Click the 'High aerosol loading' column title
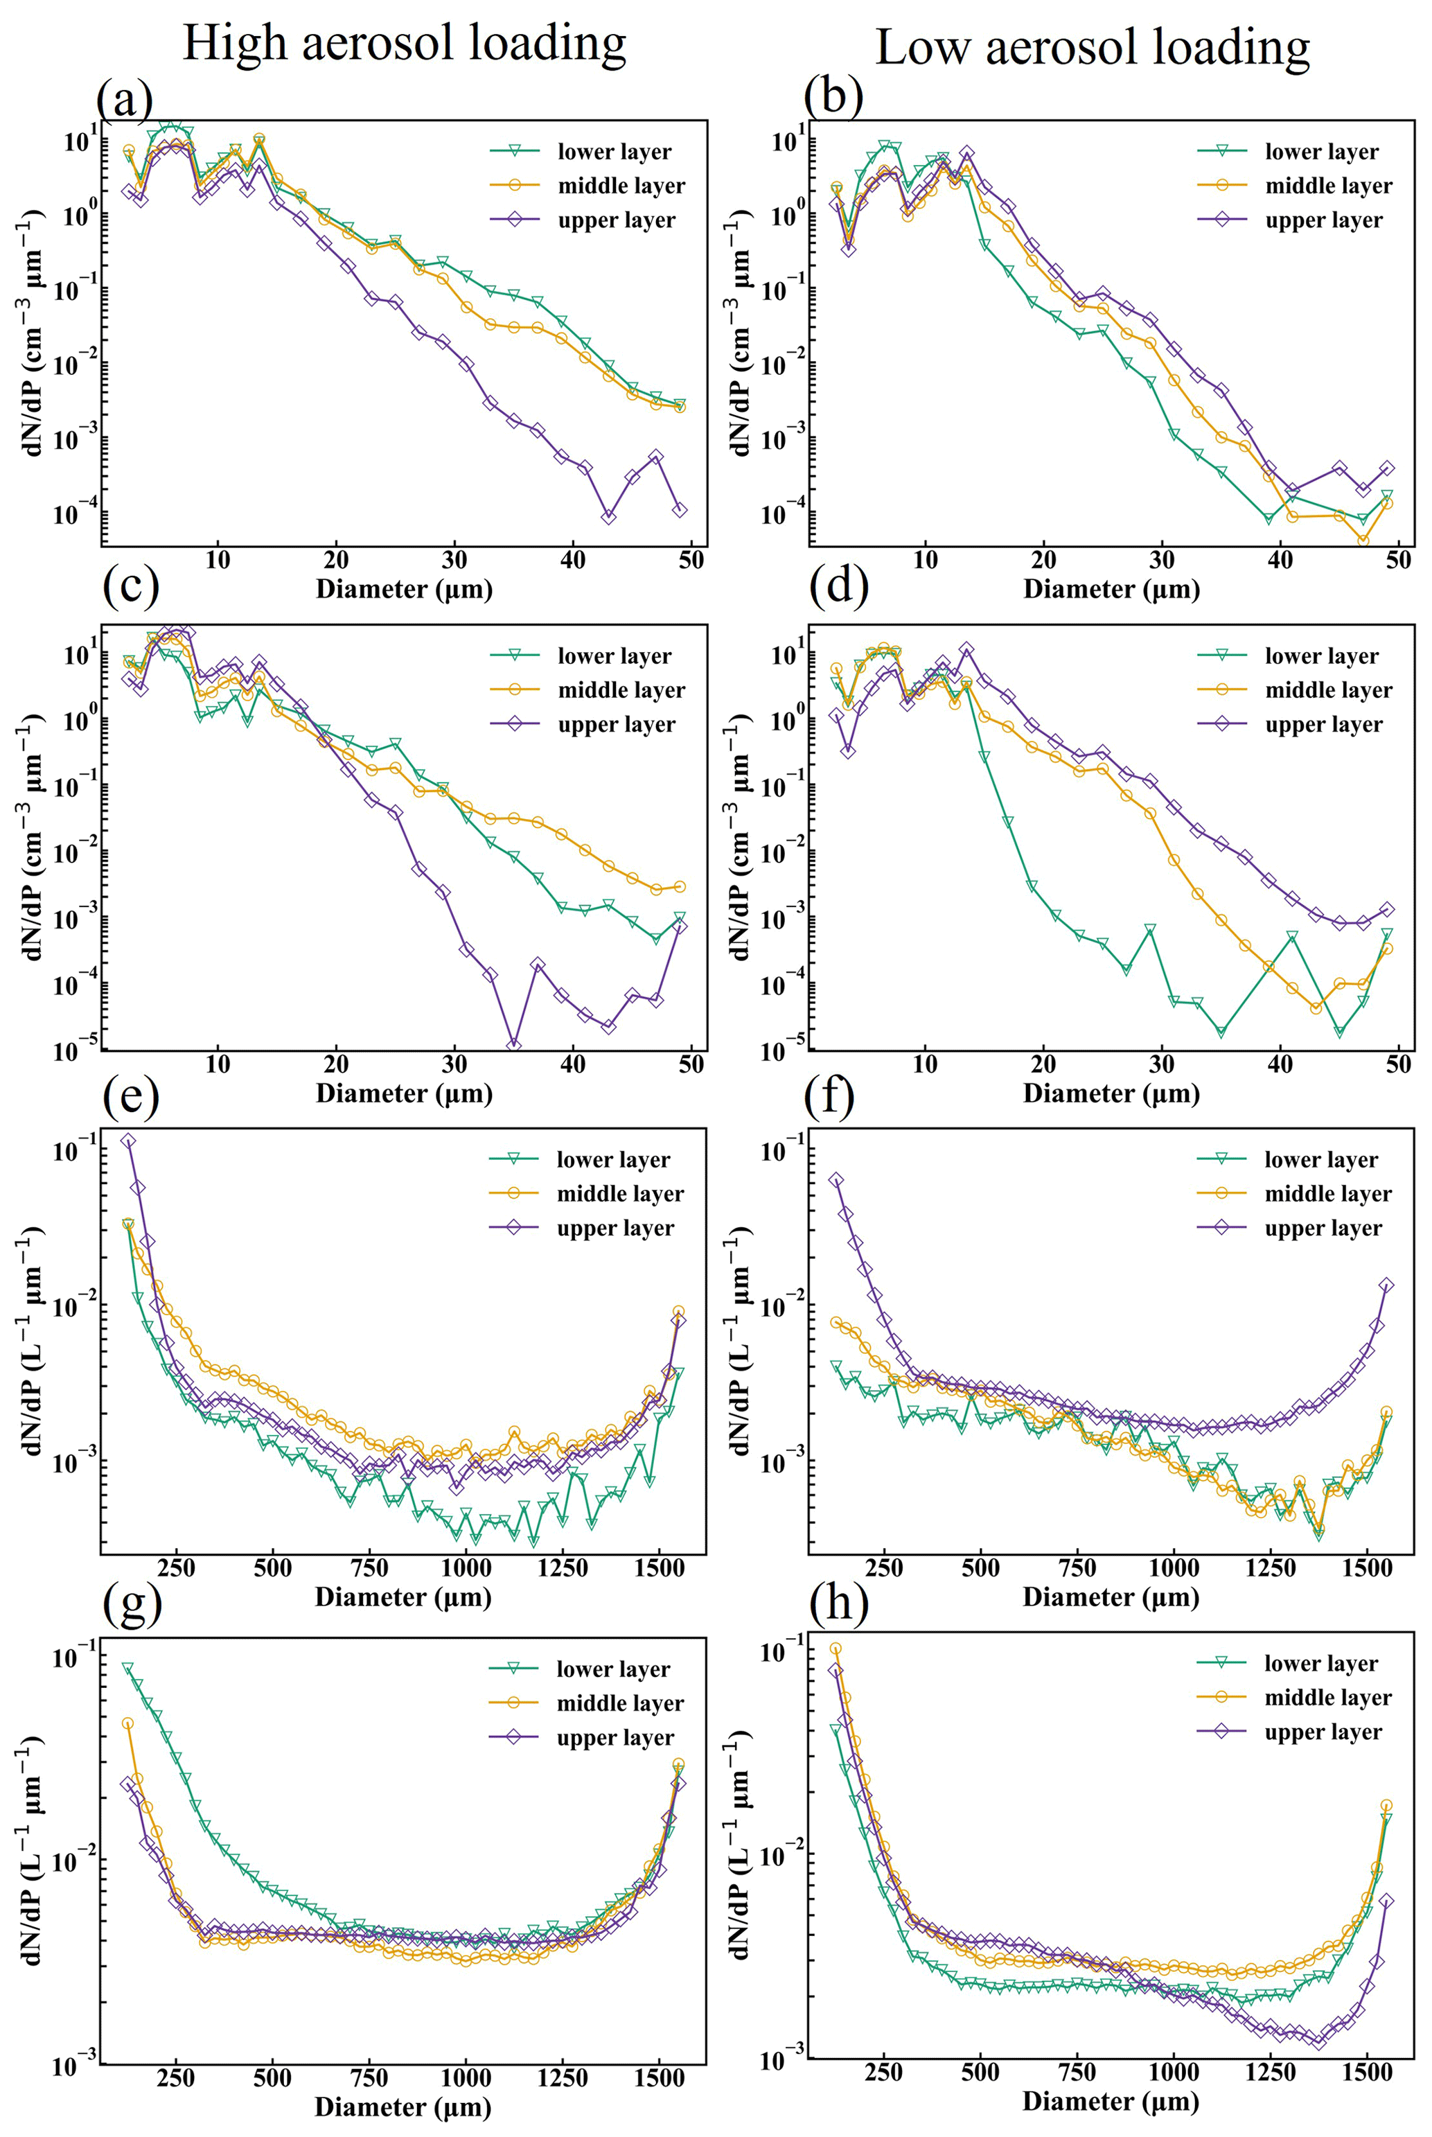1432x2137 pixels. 404,43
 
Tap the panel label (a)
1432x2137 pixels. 125,98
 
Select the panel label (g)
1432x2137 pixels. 132,1603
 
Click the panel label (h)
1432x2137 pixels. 838,1603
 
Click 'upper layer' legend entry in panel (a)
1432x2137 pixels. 615,220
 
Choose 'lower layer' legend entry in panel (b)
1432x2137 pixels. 1320,152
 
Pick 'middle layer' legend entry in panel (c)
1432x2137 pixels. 621,690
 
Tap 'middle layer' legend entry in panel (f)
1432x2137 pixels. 1328,1194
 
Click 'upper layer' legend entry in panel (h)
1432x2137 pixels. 1323,1732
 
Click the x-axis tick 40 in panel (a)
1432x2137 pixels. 573,559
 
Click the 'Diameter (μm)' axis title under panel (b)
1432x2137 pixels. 1111,589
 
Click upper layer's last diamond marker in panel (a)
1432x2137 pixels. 680,509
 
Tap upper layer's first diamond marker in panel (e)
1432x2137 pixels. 129,1141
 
